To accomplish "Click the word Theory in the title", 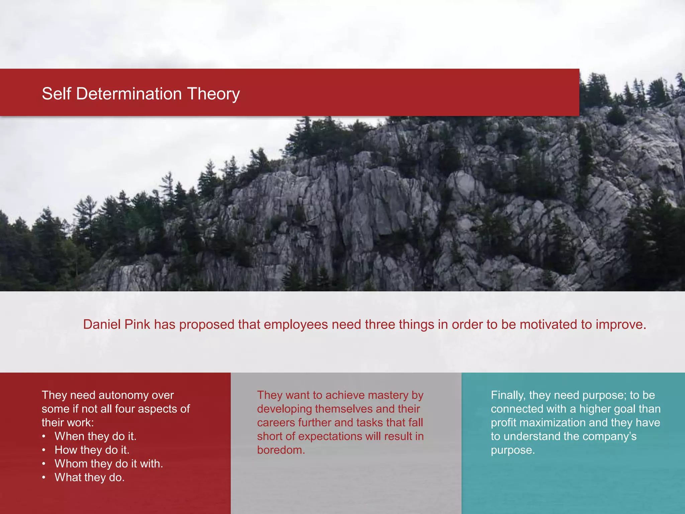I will tap(213, 94).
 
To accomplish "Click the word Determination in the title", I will tap(129, 94).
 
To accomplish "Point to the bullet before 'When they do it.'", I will tap(44, 436).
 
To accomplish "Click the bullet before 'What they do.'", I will tap(44, 478).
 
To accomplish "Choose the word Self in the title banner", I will tap(57, 94).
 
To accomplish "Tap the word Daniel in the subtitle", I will tap(102, 325).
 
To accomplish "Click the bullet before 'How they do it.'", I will tap(44, 450).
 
